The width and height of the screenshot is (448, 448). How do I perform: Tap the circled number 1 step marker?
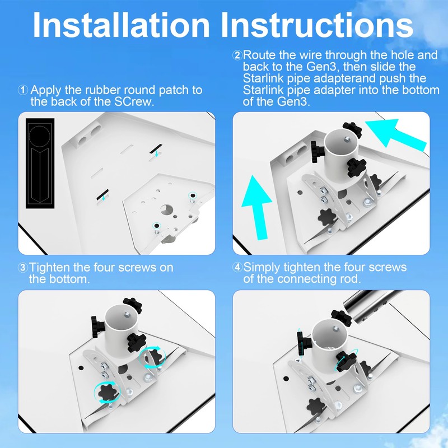[23, 90]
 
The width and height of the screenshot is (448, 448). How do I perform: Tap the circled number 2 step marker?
[237, 55]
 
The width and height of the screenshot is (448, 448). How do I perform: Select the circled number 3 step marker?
[23, 268]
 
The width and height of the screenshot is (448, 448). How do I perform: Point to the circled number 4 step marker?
[237, 267]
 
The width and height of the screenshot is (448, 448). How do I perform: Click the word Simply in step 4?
[264, 267]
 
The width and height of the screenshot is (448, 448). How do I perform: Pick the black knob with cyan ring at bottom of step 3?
[106, 393]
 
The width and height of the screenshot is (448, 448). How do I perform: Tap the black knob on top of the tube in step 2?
[353, 128]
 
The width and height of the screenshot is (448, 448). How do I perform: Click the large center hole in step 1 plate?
[166, 209]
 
